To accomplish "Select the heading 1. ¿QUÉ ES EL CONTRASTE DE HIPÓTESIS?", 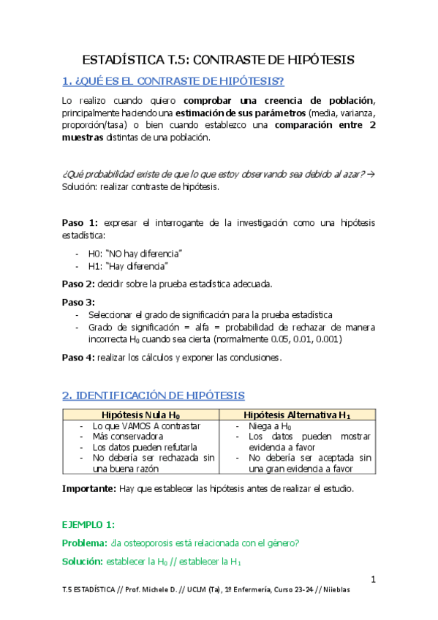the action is tap(173, 80).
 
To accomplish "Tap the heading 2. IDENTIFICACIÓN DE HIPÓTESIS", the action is tap(154, 396).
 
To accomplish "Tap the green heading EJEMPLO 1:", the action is tap(88, 524).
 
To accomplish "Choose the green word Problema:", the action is tap(85, 542).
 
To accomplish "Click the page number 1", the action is tap(372, 580).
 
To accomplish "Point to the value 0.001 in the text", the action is tap(326, 339).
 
